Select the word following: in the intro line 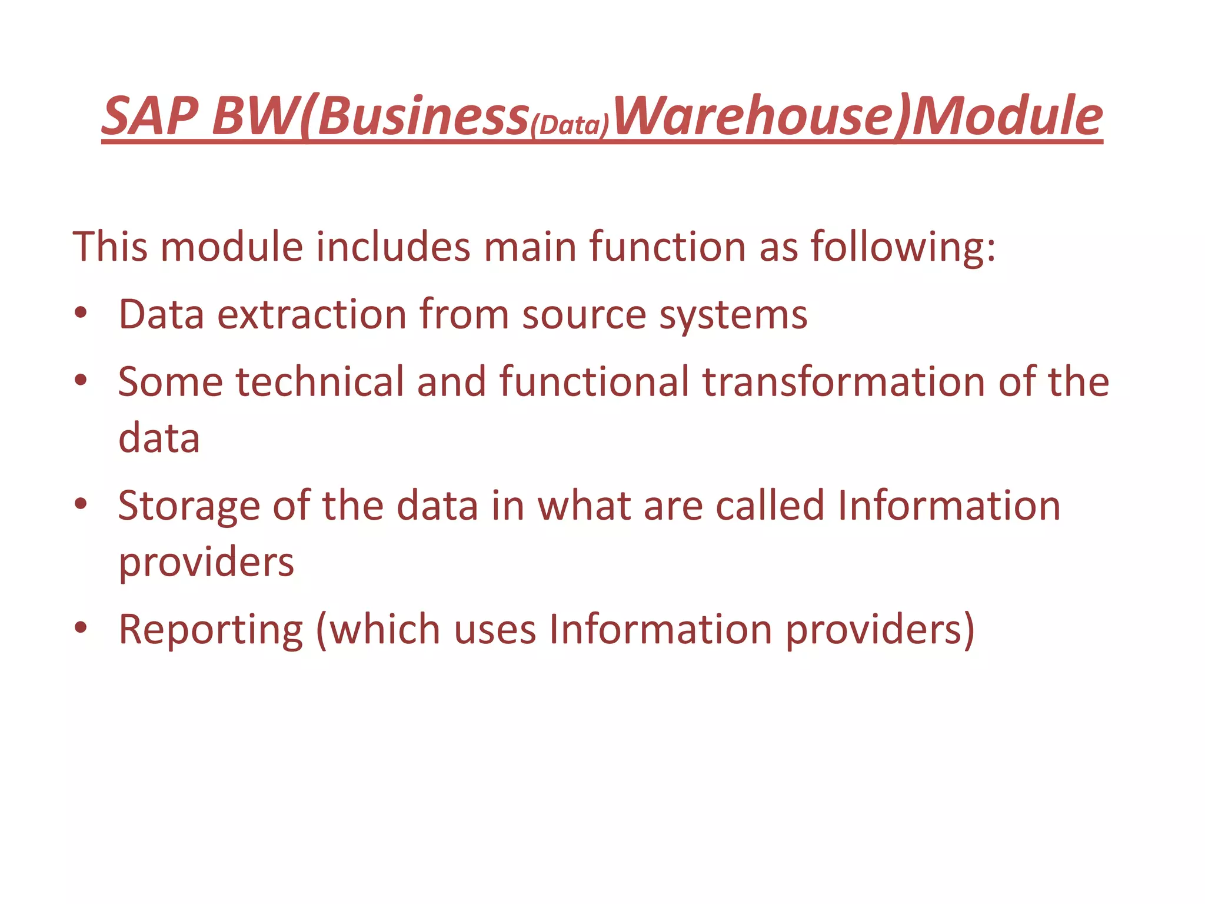903,247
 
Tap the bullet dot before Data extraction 81,313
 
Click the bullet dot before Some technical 81,380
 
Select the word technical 319,381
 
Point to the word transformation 843,381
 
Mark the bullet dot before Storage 81,504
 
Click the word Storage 189,506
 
